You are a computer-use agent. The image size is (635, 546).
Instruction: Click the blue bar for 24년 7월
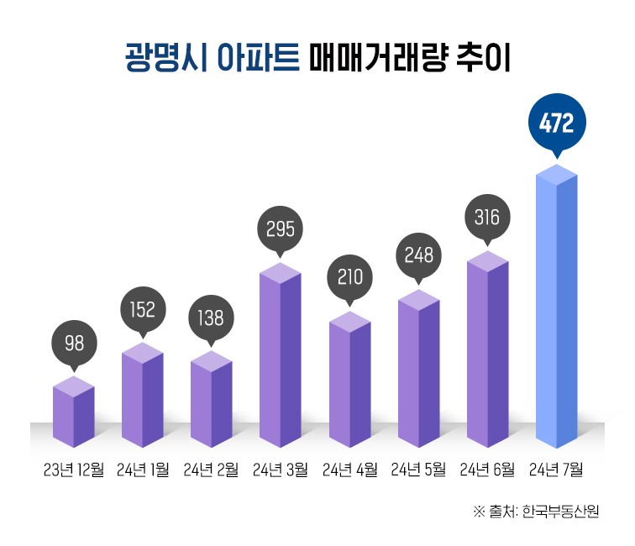click(556, 311)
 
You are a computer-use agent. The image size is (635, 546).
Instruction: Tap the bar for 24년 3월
click(281, 357)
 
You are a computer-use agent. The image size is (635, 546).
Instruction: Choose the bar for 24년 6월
click(488, 349)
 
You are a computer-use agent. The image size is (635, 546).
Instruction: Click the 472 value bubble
click(556, 125)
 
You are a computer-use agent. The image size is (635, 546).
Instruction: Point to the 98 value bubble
click(74, 343)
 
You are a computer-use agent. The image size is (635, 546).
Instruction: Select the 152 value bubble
click(142, 309)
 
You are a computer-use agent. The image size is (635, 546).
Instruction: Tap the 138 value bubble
click(212, 318)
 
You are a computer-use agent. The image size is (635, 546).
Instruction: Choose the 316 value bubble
click(487, 218)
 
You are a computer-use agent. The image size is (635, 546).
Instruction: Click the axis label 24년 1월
click(143, 469)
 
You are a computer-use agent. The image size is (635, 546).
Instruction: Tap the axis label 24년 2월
click(212, 469)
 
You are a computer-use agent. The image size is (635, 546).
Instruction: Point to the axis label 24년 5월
click(418, 469)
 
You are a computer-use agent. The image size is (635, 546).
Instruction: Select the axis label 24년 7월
click(556, 469)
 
